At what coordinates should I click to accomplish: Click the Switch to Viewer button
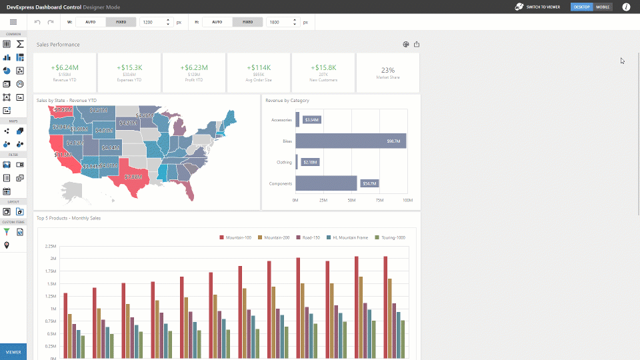tap(537, 7)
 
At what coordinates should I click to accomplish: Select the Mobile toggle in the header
tap(603, 7)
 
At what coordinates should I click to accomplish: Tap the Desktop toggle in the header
tap(582, 7)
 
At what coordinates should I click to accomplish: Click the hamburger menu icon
tap(13, 22)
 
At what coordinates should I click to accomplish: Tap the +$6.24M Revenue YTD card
tap(65, 73)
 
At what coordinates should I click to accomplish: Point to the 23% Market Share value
tap(387, 70)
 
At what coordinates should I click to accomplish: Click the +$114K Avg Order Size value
tap(259, 67)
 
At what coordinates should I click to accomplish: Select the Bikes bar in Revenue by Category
tap(350, 141)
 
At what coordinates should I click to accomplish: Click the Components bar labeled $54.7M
tap(326, 183)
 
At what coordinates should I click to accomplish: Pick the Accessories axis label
tap(281, 120)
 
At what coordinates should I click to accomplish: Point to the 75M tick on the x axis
tap(379, 200)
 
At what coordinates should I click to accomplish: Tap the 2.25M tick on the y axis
tap(50, 246)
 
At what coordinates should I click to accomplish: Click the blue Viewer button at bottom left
tap(13, 352)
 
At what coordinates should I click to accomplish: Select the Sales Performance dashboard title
tap(58, 45)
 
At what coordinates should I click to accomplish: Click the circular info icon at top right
tap(626, 7)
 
